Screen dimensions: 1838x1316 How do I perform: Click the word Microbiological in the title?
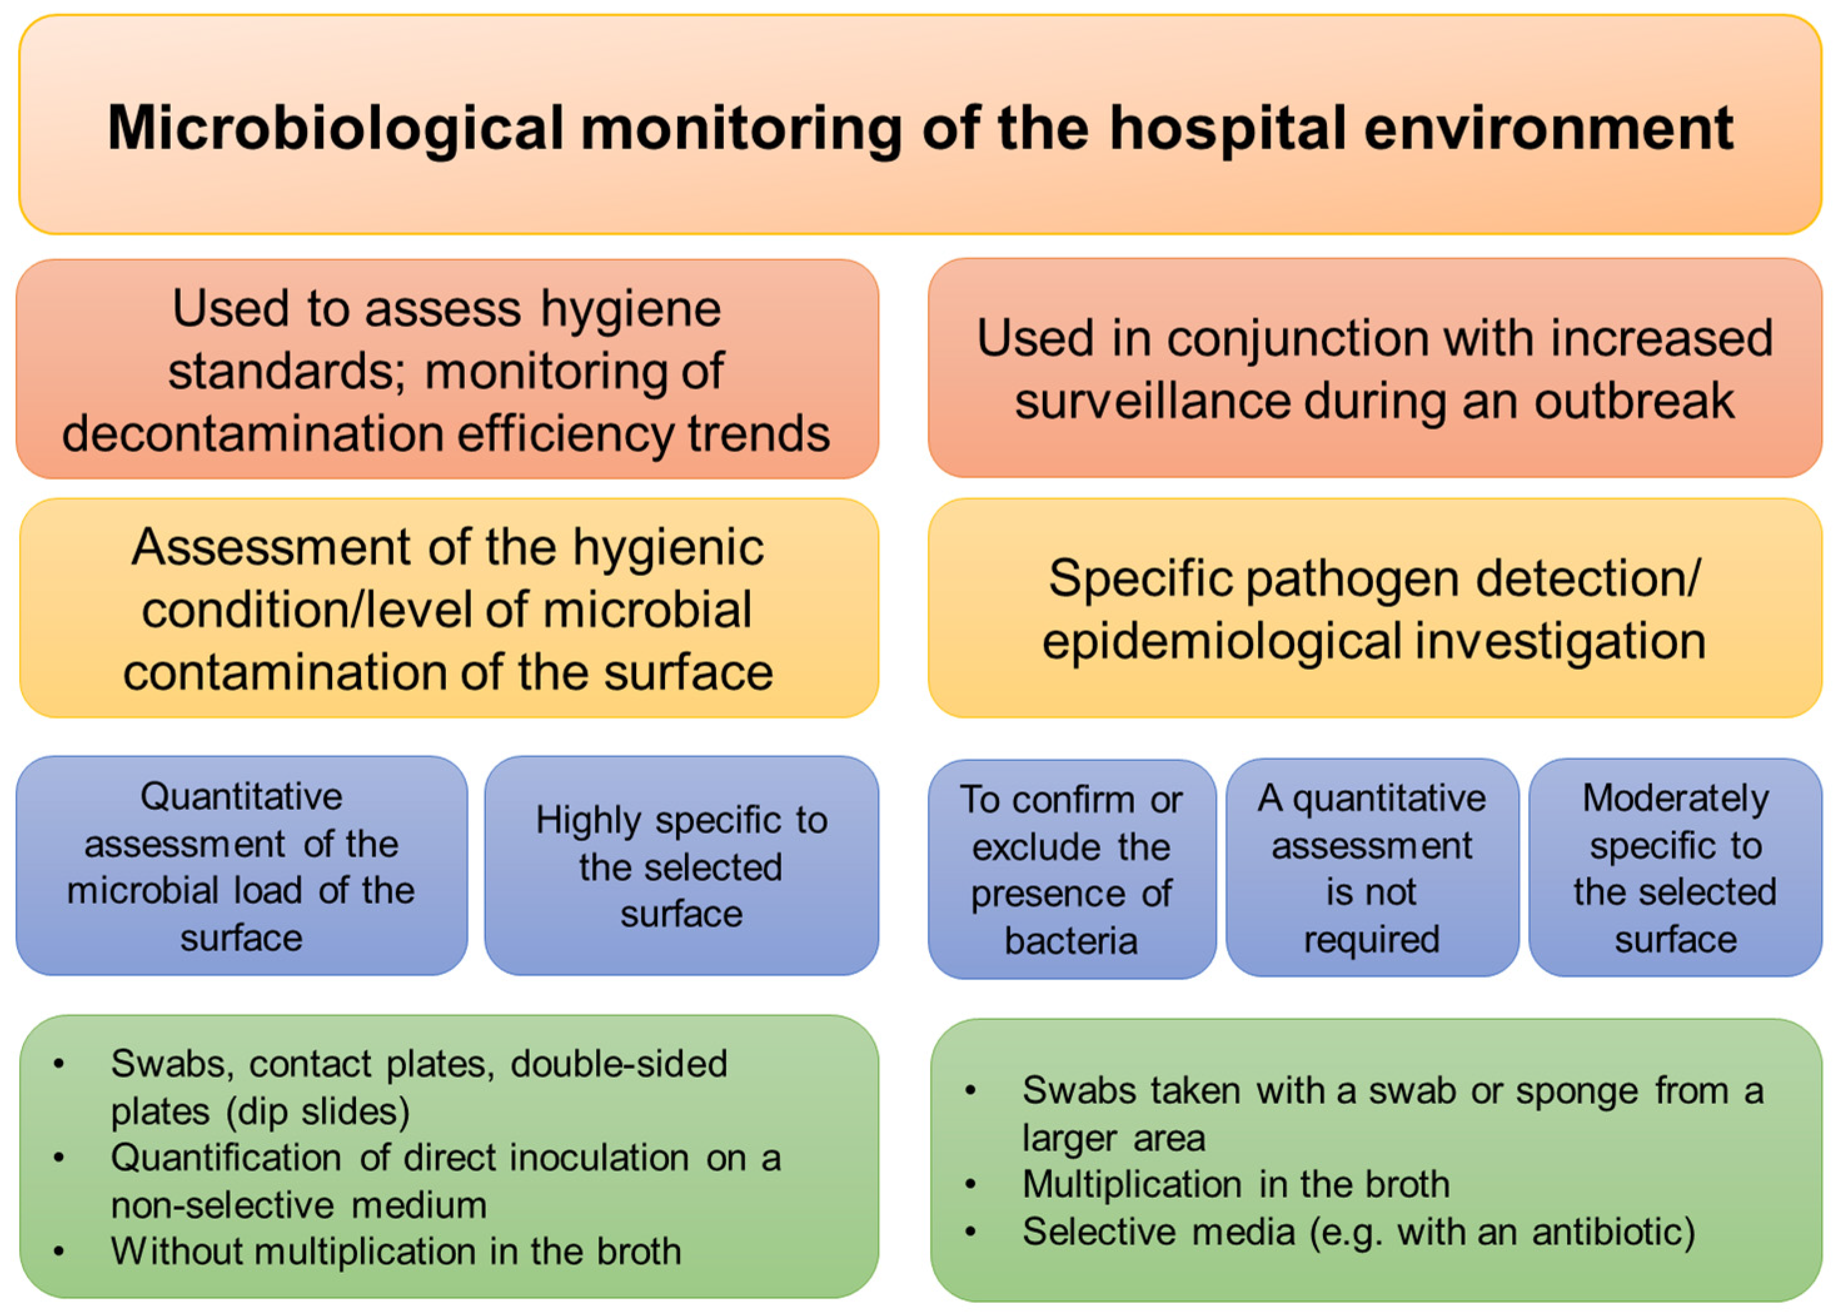pyautogui.click(x=335, y=129)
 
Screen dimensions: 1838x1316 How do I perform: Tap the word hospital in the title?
pyautogui.click(x=1227, y=129)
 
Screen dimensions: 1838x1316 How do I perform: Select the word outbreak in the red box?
pyautogui.click(x=1634, y=401)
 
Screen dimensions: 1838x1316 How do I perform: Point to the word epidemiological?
pyautogui.click(x=1221, y=642)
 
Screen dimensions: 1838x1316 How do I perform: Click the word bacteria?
pyautogui.click(x=1072, y=941)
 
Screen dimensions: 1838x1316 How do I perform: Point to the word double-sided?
pyautogui.click(x=619, y=1063)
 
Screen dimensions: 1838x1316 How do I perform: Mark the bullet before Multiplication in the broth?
pyautogui.click(x=971, y=1185)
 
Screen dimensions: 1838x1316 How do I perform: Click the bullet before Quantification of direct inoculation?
pyautogui.click(x=58, y=1158)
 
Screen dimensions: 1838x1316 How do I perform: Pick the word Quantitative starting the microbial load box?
pyautogui.click(x=241, y=797)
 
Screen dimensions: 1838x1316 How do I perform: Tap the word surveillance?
pyautogui.click(x=1149, y=401)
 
